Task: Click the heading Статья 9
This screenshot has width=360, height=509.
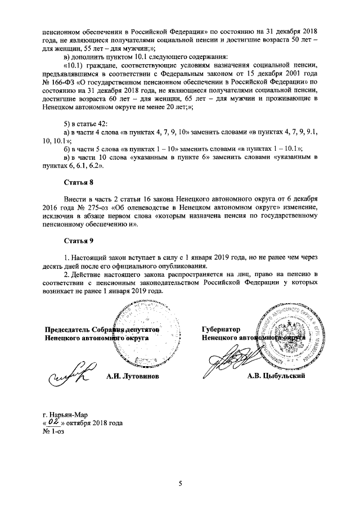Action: (x=76, y=241)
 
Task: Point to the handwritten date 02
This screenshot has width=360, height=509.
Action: (x=53, y=421)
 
